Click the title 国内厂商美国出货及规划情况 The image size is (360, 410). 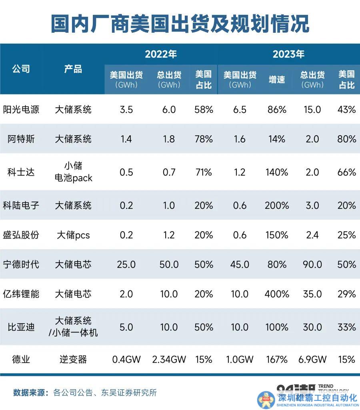point(180,24)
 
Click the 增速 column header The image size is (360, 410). point(276,80)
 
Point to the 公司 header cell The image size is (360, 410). point(21,69)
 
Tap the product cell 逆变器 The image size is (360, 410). point(73,359)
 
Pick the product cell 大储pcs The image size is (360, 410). point(73,235)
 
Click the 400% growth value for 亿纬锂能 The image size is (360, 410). point(276,294)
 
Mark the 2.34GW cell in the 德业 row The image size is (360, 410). point(169,359)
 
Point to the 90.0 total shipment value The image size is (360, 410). point(312,264)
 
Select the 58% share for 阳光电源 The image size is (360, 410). point(203,109)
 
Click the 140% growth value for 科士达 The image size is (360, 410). point(276,172)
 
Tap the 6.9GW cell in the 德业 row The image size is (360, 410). point(312,359)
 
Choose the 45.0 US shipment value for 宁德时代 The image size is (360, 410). point(240,264)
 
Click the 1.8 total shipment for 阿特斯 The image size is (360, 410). point(169,139)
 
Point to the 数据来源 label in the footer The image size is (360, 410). point(30,392)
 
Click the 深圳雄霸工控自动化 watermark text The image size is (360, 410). point(317,398)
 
